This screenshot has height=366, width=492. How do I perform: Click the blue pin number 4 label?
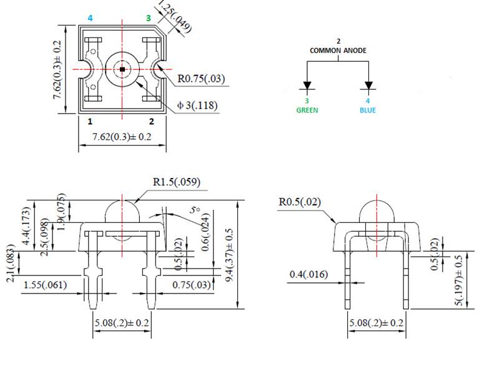pos(90,18)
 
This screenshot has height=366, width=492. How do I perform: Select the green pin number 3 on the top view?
pos(149,18)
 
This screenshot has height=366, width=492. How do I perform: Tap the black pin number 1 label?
pos(90,121)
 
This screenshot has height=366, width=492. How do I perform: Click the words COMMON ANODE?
pos(338,50)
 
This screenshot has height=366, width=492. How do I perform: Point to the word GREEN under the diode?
pos(307,110)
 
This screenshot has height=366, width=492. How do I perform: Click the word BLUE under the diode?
pos(368,110)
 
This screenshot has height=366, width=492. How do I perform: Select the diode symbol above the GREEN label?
pos(307,85)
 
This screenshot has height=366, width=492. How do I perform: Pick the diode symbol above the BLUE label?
pos(368,85)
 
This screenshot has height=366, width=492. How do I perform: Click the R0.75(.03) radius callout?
pos(201,79)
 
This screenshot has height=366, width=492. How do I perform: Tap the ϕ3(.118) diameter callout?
pos(197,106)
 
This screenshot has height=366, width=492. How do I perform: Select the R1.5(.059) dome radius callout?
pos(177,182)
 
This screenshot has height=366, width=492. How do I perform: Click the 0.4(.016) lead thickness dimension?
pos(311,274)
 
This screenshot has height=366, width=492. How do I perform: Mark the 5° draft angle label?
pos(196,211)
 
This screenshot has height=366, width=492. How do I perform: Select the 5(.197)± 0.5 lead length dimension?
pos(460,280)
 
